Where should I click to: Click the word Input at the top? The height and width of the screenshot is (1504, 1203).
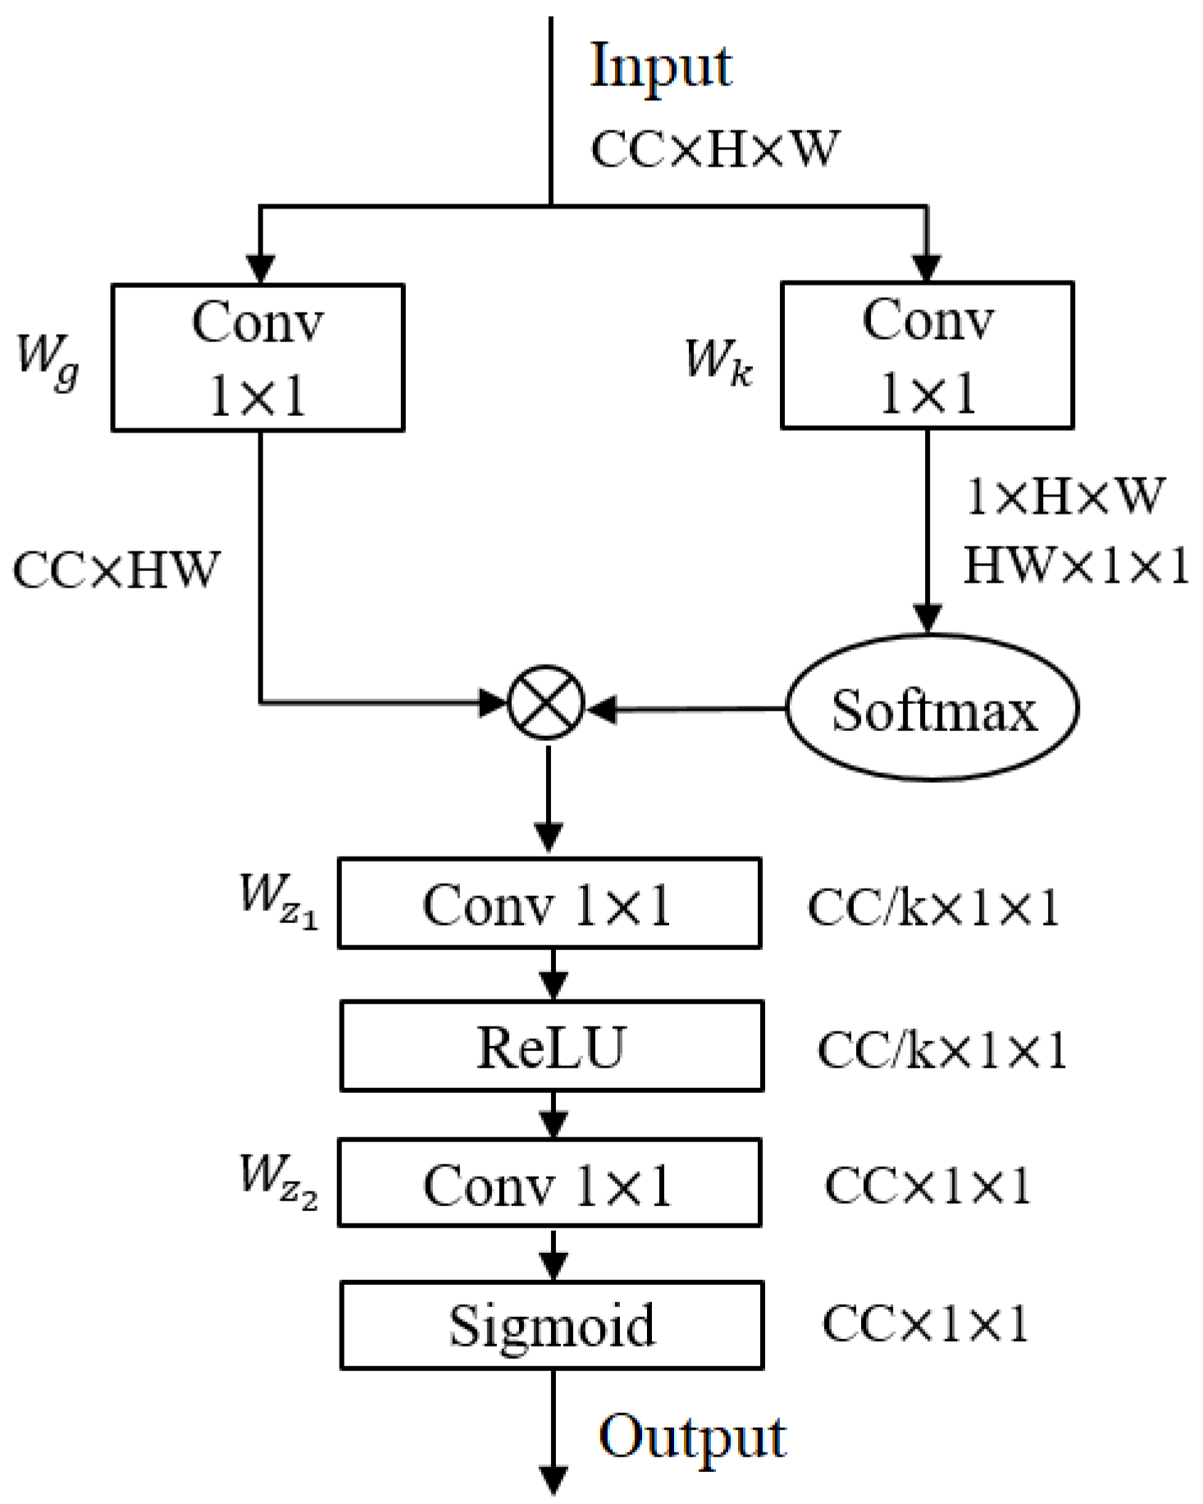tap(660, 67)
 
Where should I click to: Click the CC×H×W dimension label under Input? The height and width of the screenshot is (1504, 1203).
tap(715, 149)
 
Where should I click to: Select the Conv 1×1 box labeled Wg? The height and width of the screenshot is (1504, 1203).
tap(257, 358)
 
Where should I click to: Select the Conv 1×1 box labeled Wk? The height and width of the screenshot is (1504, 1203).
tap(927, 355)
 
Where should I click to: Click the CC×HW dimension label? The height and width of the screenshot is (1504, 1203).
tap(116, 569)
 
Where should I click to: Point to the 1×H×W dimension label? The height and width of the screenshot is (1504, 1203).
tap(1064, 496)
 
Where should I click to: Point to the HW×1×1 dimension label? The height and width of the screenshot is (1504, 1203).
tap(1076, 565)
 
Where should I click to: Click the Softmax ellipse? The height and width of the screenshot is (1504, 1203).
tap(932, 708)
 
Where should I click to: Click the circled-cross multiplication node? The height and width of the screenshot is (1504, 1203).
tap(546, 703)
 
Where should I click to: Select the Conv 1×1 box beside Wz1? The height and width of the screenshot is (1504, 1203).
tap(549, 903)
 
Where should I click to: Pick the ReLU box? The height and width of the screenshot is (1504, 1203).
tap(551, 1046)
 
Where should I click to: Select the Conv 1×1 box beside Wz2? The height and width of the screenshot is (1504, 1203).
tap(549, 1183)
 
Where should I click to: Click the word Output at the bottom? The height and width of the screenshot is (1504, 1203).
tap(692, 1438)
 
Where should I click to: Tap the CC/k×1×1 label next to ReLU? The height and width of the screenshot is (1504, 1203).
tap(942, 1049)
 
